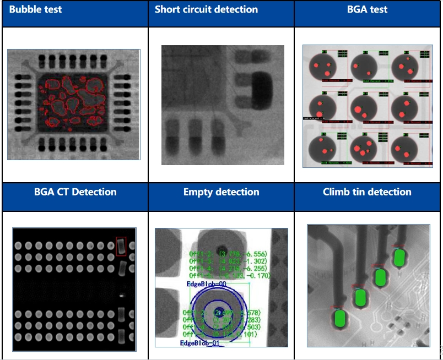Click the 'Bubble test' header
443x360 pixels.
(35, 9)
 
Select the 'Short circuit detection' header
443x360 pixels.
(206, 9)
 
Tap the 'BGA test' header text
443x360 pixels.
(368, 9)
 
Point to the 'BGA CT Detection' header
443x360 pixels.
(75, 192)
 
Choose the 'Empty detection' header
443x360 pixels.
(221, 192)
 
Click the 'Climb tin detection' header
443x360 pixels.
(367, 192)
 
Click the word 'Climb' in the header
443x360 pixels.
(336, 192)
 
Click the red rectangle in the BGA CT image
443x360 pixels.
(121, 246)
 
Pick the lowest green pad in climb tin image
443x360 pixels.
(339, 319)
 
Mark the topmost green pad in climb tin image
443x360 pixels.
(400, 257)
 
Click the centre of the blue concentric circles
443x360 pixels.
(221, 310)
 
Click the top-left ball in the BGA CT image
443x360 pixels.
(18, 246)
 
